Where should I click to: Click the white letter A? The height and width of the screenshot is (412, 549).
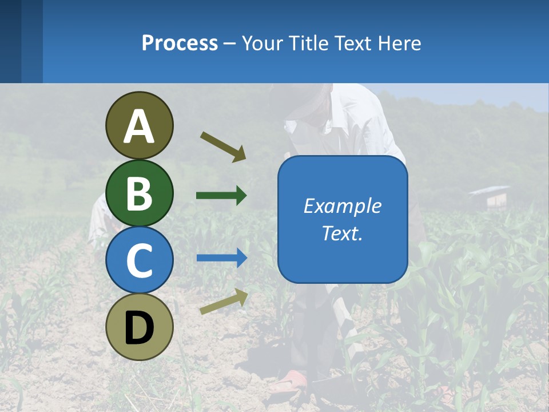[140, 127]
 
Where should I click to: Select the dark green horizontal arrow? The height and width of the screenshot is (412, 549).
[221, 196]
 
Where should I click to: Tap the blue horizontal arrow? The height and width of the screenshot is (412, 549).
[222, 258]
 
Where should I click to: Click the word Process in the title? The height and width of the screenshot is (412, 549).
[180, 43]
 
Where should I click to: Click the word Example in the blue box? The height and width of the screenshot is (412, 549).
[342, 206]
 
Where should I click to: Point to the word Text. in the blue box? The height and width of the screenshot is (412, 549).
[342, 233]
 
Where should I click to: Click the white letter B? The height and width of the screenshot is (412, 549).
[140, 193]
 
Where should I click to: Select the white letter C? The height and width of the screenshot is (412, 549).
[140, 260]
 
